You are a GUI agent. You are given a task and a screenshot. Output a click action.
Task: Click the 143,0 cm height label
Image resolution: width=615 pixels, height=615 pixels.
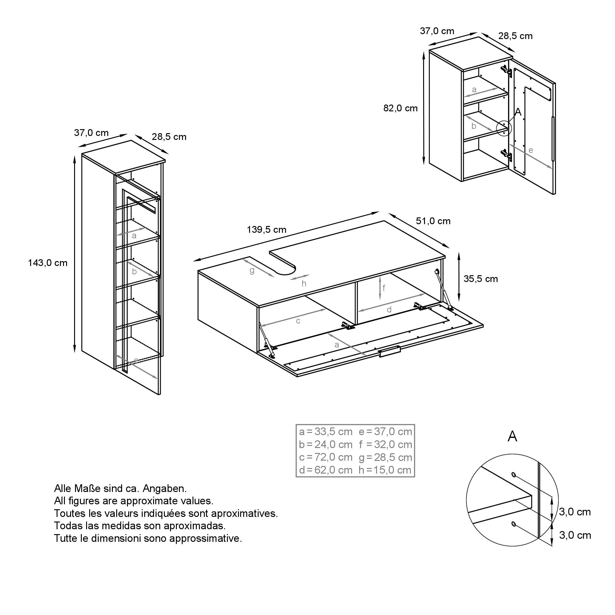click(48, 263)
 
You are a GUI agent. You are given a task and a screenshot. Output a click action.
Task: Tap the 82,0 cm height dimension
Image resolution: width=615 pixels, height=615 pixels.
click(400, 108)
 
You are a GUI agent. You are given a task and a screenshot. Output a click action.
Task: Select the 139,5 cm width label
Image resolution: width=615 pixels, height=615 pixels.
click(266, 229)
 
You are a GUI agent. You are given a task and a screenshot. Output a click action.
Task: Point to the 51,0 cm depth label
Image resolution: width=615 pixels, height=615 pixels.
click(433, 221)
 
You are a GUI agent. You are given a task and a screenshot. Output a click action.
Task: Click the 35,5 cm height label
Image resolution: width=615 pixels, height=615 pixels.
click(480, 279)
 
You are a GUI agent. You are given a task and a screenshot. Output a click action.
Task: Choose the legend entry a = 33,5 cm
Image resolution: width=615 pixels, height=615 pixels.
click(326, 432)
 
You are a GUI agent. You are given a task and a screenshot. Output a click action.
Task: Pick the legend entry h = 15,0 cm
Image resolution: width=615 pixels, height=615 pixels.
click(385, 470)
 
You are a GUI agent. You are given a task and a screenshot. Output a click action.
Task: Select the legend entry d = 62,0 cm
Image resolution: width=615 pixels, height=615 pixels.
click(326, 470)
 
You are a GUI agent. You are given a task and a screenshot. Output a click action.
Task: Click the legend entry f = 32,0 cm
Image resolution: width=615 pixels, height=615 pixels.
click(386, 444)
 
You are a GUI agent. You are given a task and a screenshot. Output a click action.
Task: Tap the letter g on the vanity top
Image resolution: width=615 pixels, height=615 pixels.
click(252, 271)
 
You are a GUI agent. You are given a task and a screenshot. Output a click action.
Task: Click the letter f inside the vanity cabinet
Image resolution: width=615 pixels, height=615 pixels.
click(384, 288)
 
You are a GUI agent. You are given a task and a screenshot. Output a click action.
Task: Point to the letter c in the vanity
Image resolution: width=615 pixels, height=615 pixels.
click(298, 321)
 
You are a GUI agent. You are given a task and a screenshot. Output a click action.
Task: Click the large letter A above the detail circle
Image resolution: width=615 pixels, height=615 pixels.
click(512, 436)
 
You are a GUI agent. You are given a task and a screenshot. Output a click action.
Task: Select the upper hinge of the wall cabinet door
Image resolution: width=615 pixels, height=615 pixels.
click(506, 72)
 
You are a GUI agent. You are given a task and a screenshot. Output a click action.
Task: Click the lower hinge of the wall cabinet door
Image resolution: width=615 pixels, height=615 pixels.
click(506, 156)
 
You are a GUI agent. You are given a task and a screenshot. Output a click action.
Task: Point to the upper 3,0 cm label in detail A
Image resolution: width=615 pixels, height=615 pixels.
click(575, 512)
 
